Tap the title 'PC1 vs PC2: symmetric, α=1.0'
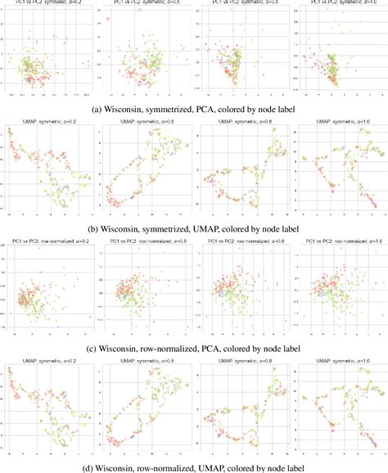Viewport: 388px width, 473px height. (x=336, y=4)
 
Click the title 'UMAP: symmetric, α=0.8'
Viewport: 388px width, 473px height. (x=237, y=124)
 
